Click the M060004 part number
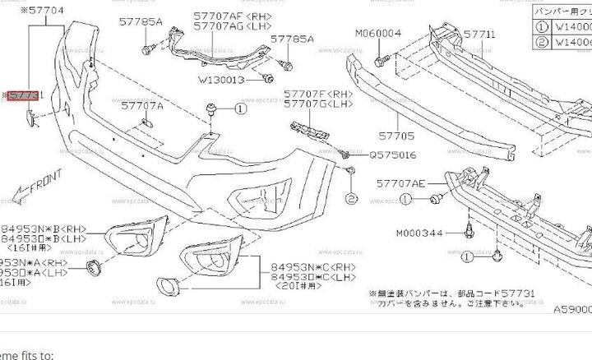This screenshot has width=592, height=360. pyautogui.click(x=378, y=34)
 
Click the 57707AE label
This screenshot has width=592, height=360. pyautogui.click(x=403, y=184)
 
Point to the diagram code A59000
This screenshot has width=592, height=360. pyautogui.click(x=571, y=309)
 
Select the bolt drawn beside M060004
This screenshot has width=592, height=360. pyautogui.click(x=379, y=60)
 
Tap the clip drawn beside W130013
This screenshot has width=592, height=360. pyautogui.click(x=270, y=79)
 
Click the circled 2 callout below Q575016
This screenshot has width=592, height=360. pyautogui.click(x=349, y=199)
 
